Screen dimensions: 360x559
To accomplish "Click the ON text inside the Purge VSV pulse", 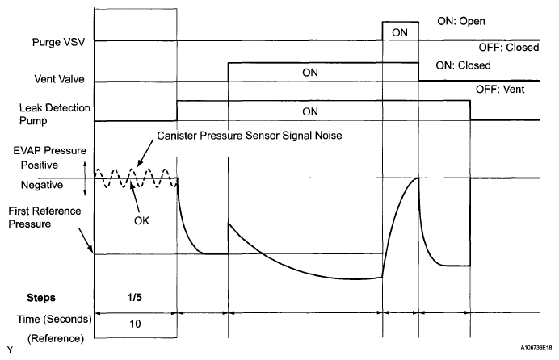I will click(x=400, y=31).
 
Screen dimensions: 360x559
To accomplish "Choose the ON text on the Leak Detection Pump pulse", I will click(x=322, y=111).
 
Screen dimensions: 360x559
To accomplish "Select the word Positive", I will click(x=41, y=165).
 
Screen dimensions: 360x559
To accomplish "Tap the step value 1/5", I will click(x=135, y=296).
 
